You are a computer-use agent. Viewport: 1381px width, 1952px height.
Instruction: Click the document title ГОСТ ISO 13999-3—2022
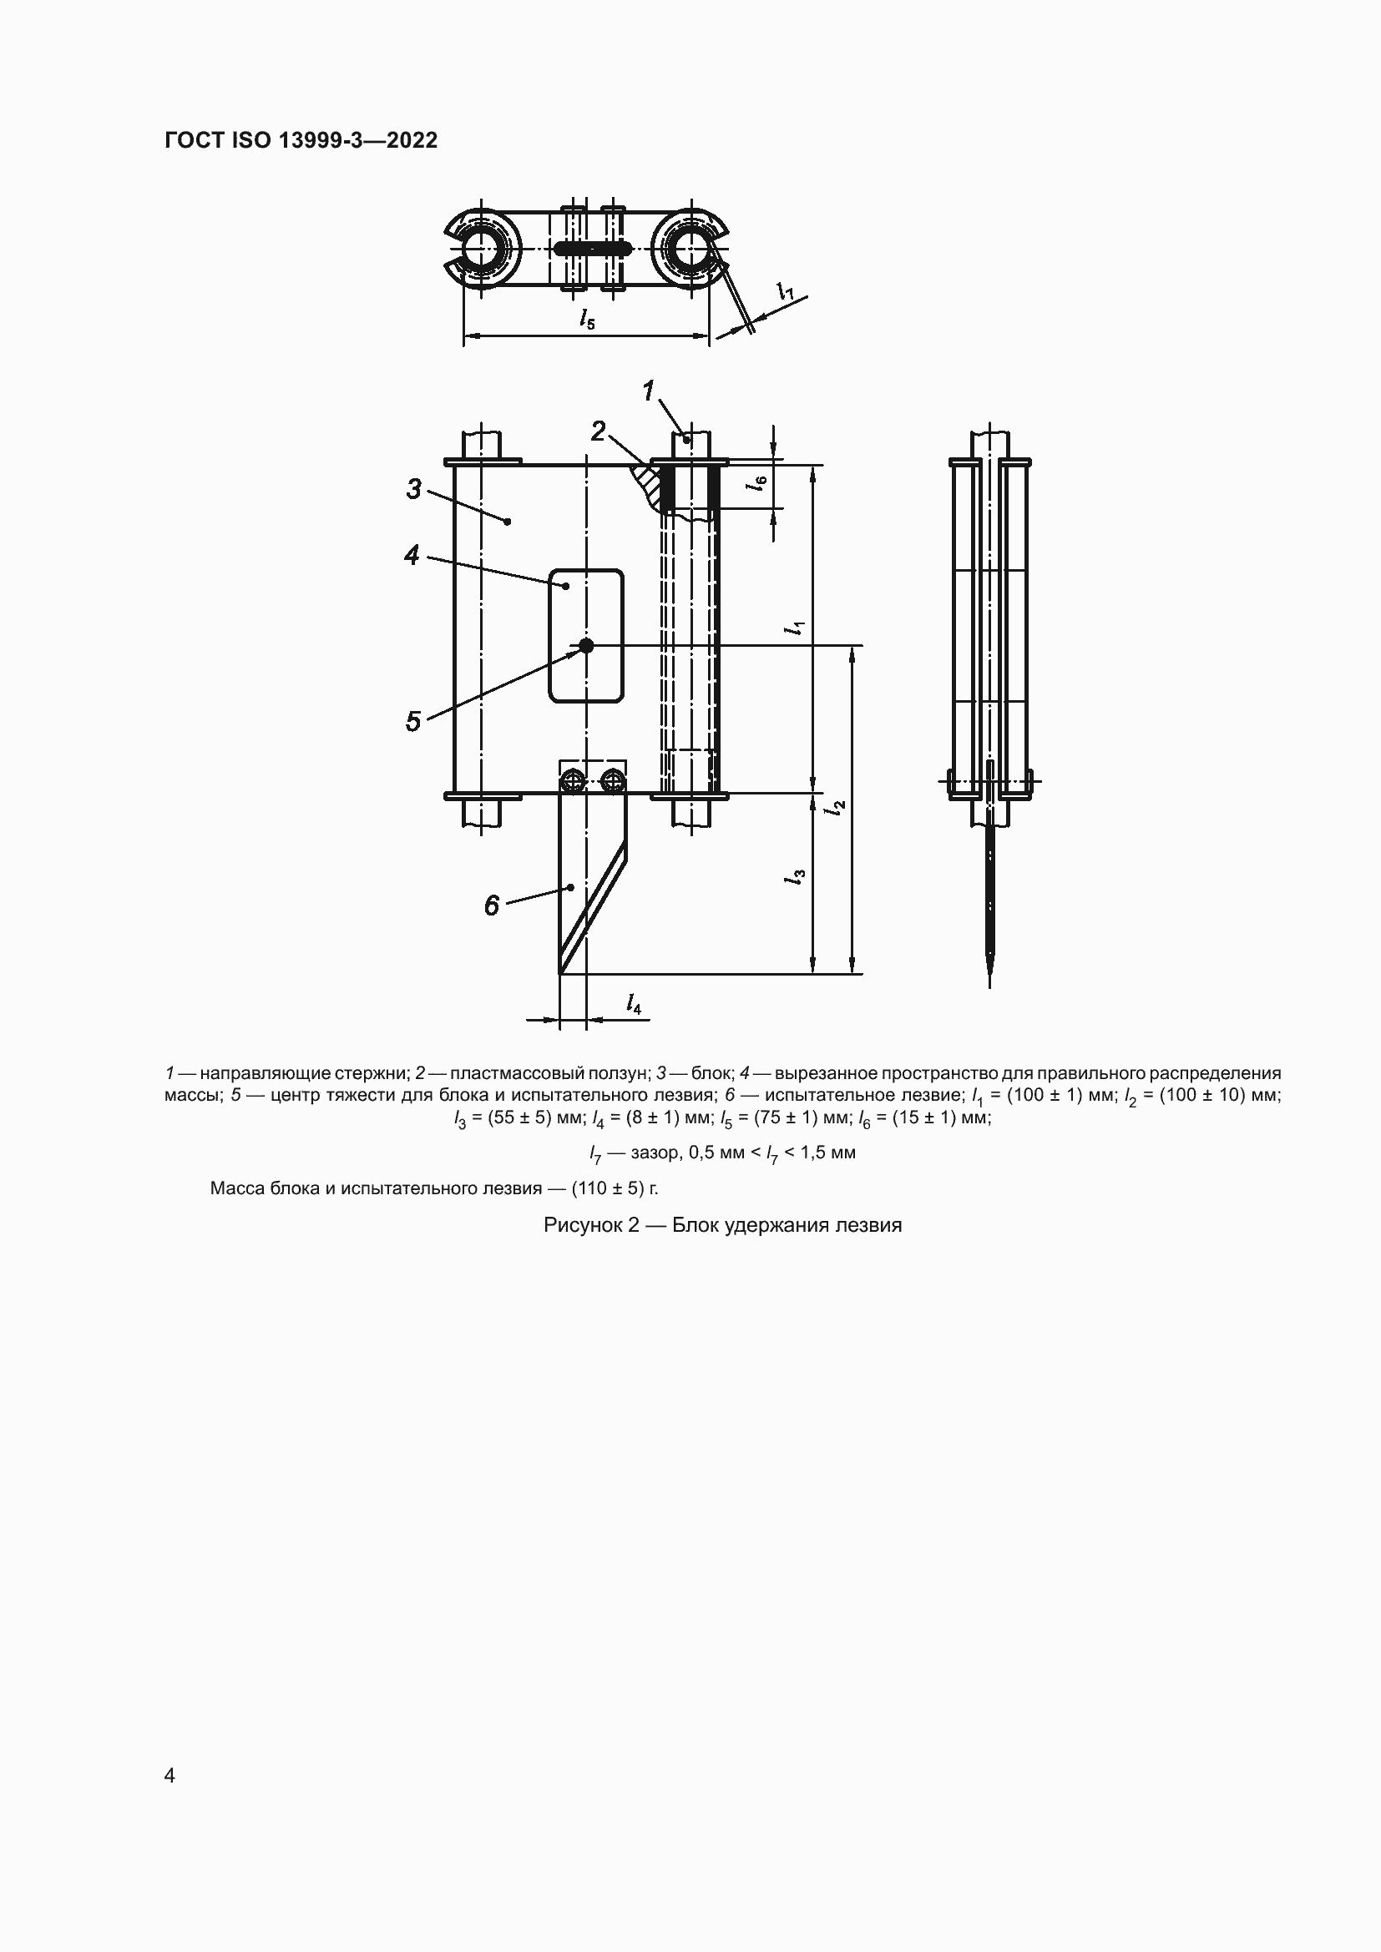point(301,140)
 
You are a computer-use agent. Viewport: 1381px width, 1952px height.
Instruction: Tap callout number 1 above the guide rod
point(648,391)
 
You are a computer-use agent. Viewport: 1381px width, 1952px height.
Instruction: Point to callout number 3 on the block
point(413,489)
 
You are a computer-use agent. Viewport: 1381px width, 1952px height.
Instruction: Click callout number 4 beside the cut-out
point(412,556)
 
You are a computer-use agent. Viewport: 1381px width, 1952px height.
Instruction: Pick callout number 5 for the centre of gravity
point(412,722)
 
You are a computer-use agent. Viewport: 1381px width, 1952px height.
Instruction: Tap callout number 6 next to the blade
point(492,906)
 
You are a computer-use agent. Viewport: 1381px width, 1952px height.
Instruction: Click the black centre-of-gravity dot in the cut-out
point(586,645)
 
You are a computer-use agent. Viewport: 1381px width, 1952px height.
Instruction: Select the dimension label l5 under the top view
point(588,319)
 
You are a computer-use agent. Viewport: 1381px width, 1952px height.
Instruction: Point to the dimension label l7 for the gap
point(786,290)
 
